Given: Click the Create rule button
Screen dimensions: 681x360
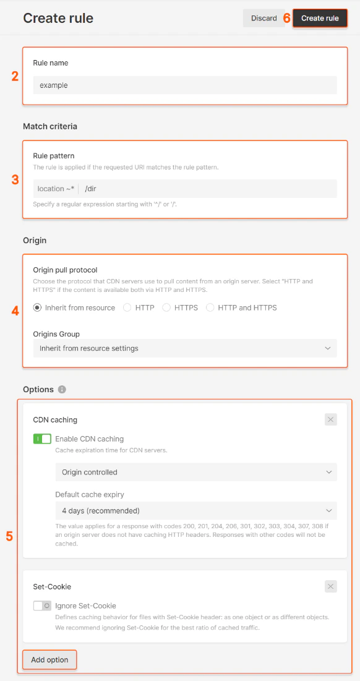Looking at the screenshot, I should point(320,19).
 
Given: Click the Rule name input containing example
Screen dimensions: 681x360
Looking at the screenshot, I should point(185,85).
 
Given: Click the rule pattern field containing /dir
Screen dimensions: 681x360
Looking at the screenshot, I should point(210,189).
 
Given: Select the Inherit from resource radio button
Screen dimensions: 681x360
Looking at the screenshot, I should point(37,307).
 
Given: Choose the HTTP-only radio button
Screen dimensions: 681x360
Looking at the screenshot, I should point(127,307).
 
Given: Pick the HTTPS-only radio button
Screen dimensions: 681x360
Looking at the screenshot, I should point(166,307).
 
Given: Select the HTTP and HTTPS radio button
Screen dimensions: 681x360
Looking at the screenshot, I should point(210,307).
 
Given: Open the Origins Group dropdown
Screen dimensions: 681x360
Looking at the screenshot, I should point(185,348).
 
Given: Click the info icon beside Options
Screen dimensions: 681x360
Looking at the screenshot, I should point(62,390).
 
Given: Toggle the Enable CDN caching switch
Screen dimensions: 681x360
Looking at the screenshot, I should point(42,439).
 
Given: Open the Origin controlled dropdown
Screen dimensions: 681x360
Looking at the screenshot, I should point(196,472).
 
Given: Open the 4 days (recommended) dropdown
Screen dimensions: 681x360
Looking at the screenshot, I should point(196,510).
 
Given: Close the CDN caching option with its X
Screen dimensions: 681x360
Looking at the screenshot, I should point(331,420).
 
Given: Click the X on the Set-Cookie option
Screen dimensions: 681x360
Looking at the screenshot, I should point(331,586).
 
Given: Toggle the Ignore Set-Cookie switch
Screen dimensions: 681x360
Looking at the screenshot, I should point(42,606).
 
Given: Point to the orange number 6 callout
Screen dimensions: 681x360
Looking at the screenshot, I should point(286,19).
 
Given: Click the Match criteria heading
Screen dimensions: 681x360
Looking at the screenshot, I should point(50,126).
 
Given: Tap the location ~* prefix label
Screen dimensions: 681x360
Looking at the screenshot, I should point(56,189).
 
